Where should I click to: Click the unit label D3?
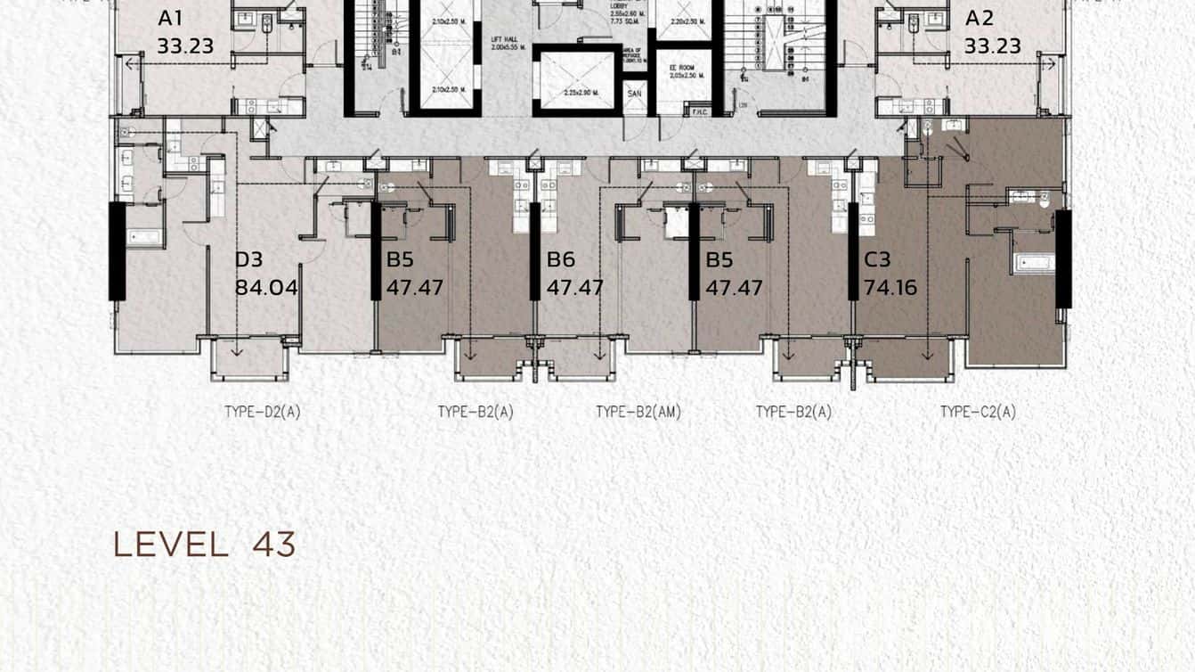(248, 260)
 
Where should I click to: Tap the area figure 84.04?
(265, 288)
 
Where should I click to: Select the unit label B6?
(561, 260)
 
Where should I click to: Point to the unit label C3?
(877, 260)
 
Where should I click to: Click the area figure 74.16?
(890, 288)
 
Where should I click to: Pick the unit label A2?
(980, 18)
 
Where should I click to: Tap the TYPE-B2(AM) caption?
(638, 412)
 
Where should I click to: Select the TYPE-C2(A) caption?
(978, 412)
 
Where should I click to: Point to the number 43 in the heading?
(273, 545)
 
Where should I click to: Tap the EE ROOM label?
(683, 67)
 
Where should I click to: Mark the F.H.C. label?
(698, 111)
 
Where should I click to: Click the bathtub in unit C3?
(1033, 263)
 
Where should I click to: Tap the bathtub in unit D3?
(144, 237)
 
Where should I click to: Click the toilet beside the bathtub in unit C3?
(1044, 199)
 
